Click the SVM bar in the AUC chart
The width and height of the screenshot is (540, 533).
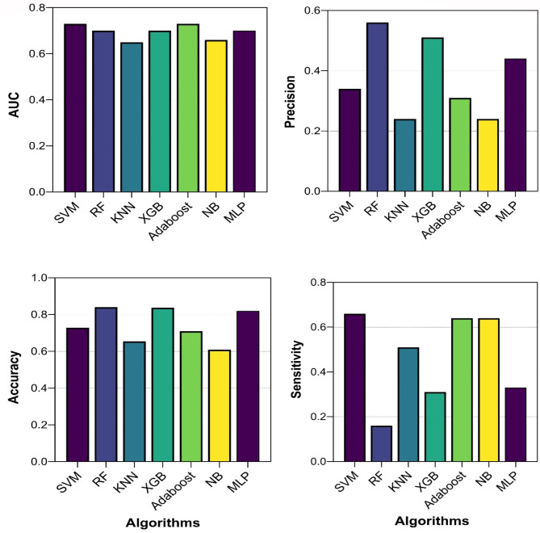click(x=75, y=108)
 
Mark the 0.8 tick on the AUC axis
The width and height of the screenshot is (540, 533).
click(x=39, y=8)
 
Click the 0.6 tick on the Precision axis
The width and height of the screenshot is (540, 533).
click(x=310, y=10)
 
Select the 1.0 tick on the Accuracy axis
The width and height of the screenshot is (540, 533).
click(x=39, y=278)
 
